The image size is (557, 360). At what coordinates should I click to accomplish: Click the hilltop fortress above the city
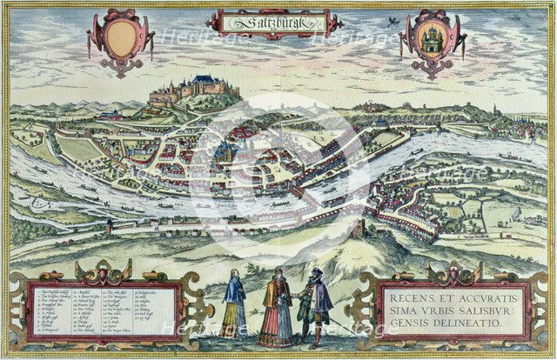[x=193, y=88]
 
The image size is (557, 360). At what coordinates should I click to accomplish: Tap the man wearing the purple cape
[x=319, y=300]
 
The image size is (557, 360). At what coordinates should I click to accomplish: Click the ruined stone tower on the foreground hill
[x=359, y=229]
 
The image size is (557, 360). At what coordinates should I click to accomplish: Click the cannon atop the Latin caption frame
[x=453, y=273]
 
